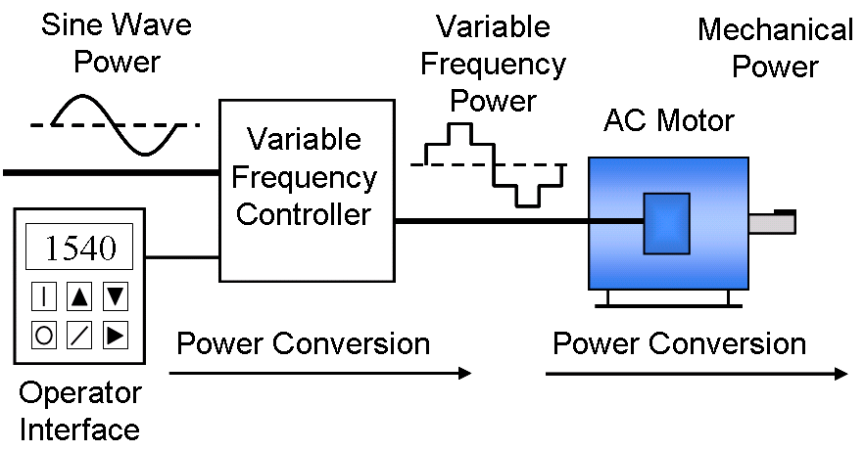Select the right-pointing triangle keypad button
point(116,335)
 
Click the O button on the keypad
point(44,335)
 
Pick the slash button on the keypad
point(79,335)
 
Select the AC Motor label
point(668,120)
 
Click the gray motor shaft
point(772,223)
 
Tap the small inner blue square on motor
point(666,224)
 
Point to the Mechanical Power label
point(774,48)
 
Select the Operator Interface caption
point(80,411)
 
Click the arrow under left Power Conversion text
point(320,373)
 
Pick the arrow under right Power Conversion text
point(697,374)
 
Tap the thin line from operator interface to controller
point(182,259)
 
